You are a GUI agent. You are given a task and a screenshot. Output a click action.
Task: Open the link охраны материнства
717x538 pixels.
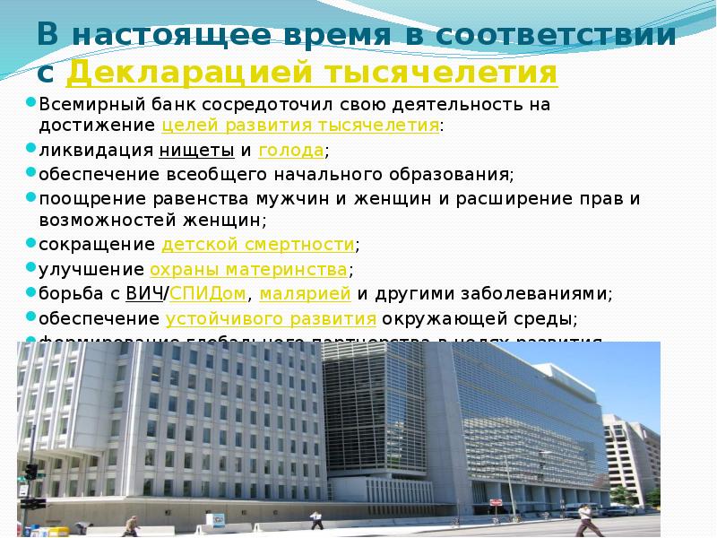tap(248, 269)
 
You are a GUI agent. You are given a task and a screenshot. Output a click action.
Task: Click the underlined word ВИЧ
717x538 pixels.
tap(144, 293)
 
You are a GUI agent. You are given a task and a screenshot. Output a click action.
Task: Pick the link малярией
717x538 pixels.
tap(306, 293)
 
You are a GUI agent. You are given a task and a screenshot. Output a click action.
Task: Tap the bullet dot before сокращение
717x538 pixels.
tap(30, 244)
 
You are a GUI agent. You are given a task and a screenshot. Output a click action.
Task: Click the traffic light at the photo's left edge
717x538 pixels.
tap(30, 472)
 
